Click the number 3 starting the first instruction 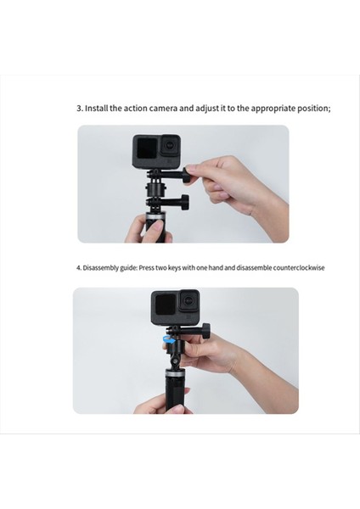click(79, 109)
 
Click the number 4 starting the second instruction click(77, 267)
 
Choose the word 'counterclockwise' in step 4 click(297, 267)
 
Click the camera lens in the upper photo click(170, 147)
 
